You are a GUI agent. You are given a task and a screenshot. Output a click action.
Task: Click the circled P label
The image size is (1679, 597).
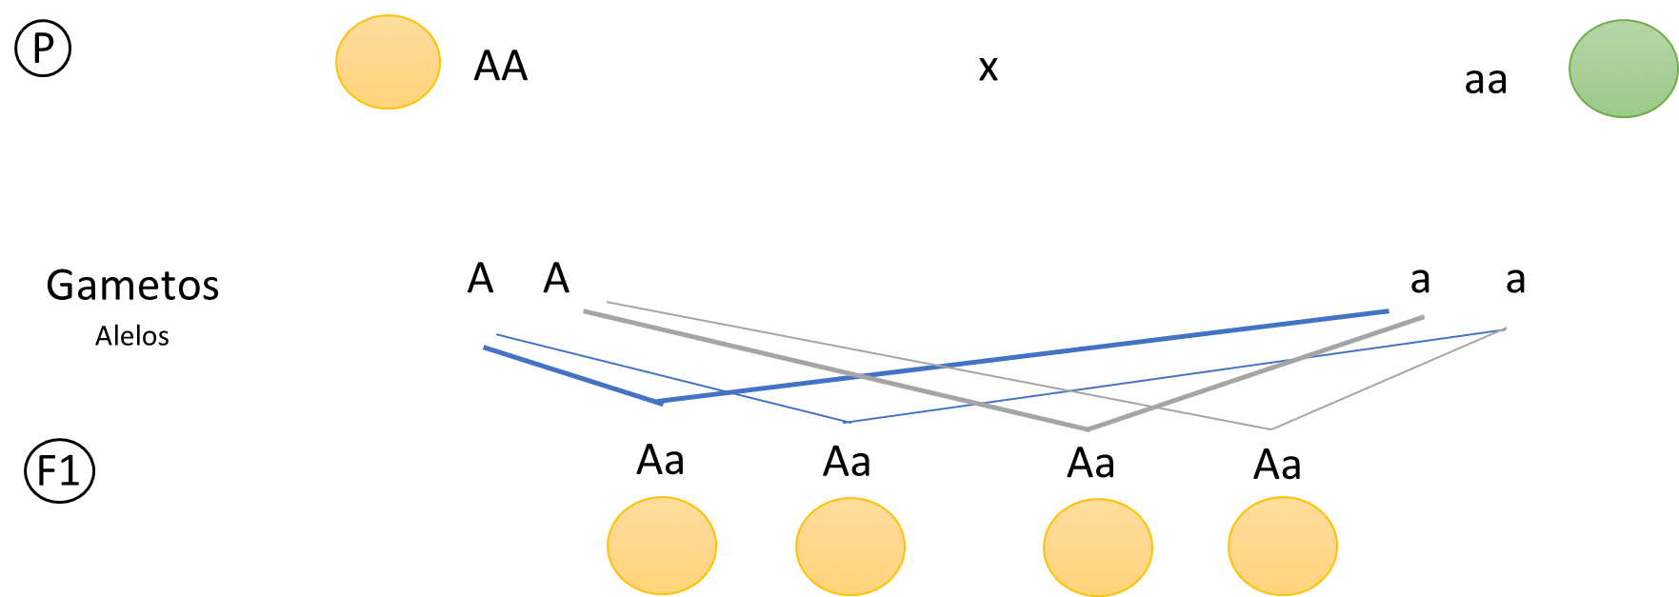[x=43, y=49]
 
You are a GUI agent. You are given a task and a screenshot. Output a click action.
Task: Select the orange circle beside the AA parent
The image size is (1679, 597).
[x=388, y=62]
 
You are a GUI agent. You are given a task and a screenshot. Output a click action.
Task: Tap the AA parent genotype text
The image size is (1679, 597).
[x=501, y=66]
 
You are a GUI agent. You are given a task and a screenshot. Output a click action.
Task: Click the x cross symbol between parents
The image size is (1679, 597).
[x=989, y=68]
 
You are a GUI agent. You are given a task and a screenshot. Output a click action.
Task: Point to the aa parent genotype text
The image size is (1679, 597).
[x=1486, y=80]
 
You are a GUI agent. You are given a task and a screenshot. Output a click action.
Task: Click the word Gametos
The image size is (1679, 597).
[x=132, y=285]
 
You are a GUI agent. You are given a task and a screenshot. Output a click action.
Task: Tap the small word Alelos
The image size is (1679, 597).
[x=132, y=336]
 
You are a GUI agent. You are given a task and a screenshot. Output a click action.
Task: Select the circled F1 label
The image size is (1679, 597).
[x=59, y=470]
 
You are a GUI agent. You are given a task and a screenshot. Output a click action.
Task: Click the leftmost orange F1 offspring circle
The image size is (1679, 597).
[x=662, y=547]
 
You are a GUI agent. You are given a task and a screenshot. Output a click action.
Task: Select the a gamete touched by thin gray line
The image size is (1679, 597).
[x=1516, y=279]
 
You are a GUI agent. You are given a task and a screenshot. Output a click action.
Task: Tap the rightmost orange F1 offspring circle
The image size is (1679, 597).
[x=1283, y=547]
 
